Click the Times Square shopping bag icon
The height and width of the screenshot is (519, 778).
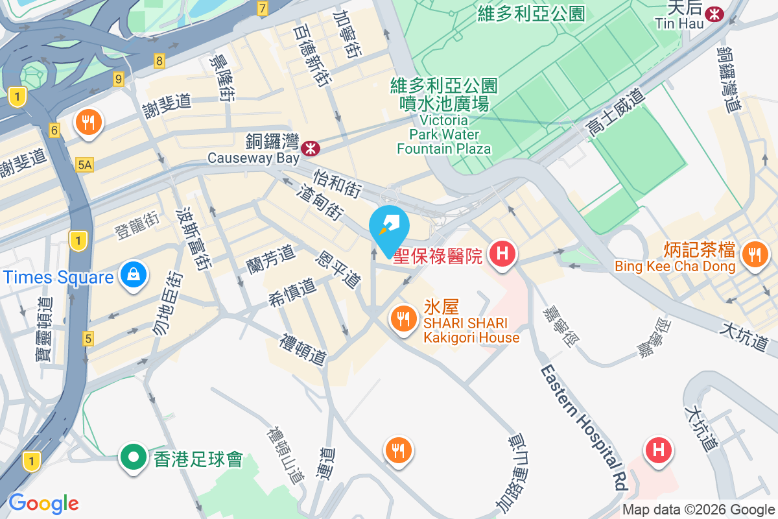133,275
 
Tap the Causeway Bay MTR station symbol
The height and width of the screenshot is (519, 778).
311,148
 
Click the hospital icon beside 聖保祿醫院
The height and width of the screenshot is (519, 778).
502,252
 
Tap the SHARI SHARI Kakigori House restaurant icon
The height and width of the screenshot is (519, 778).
403,318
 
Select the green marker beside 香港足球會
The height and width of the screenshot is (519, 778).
133,457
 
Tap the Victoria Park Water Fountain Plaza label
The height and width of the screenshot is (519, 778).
444,135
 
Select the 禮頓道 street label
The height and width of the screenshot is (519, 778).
303,350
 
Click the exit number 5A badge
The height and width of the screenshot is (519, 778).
84,165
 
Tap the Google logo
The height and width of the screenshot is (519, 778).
43,503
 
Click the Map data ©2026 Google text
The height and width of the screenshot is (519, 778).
699,510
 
